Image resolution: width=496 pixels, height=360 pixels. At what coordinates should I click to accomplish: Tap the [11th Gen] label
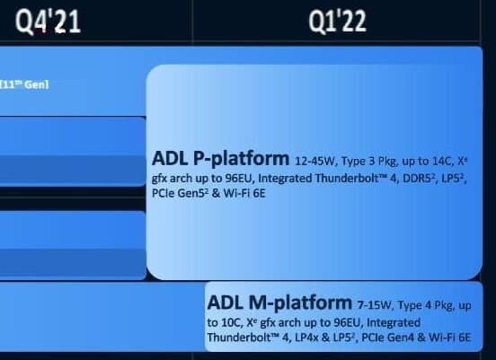coord(24,84)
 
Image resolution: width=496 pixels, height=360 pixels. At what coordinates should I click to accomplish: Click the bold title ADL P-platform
coord(220,158)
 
